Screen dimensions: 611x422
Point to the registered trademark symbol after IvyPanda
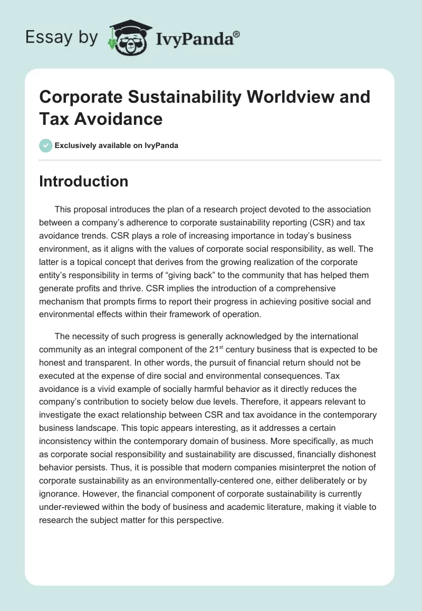237,33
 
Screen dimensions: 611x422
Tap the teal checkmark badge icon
45,145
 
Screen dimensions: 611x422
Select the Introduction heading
84,181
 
